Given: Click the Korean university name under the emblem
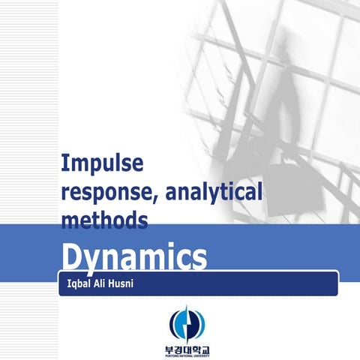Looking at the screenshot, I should pyautogui.click(x=180, y=348).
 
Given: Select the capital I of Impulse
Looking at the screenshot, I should pyautogui.click(x=64, y=163).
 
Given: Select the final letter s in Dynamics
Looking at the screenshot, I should pyautogui.click(x=199, y=259).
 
